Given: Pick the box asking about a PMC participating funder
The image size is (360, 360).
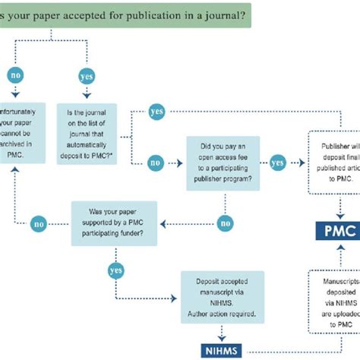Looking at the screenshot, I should click(115, 223).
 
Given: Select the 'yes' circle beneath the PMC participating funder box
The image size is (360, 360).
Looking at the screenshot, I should click(116, 271).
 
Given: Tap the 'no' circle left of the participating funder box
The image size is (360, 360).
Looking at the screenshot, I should click(37, 223).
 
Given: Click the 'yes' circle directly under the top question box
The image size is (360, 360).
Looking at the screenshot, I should click(87, 76).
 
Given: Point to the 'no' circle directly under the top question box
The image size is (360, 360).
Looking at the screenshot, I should click(14, 76).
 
